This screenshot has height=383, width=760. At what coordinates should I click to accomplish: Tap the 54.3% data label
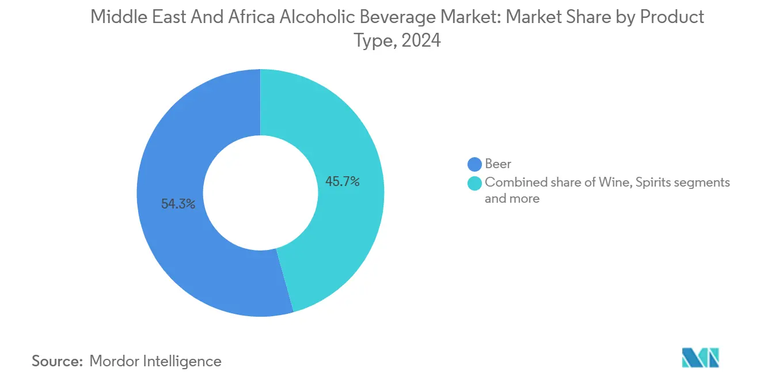click(x=178, y=204)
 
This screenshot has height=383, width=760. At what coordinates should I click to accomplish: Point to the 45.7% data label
click(x=343, y=182)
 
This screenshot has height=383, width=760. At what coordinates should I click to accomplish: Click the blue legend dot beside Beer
click(x=475, y=165)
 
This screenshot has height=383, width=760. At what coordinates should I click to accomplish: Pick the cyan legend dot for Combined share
click(x=475, y=183)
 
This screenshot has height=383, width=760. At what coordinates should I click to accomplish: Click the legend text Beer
click(x=498, y=165)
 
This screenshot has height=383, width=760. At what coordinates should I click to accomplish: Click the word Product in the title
click(x=671, y=17)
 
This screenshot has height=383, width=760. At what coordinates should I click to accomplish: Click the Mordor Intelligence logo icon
click(x=701, y=357)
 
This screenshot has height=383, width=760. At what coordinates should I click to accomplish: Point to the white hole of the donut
click(x=260, y=193)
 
